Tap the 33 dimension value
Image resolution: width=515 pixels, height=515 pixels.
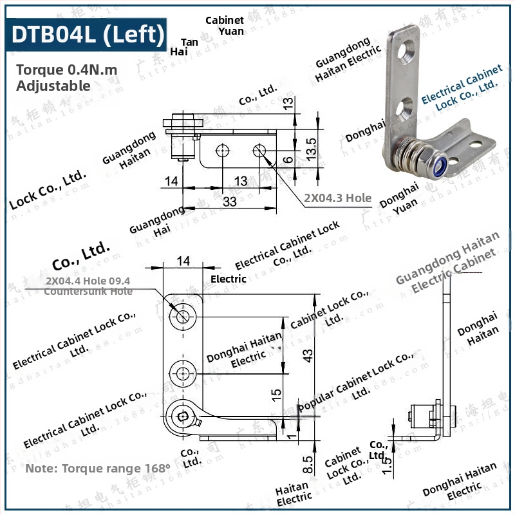pos(230,201)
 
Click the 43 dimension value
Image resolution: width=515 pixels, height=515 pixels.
pos(308,353)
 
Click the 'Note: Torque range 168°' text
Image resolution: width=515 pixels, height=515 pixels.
pos(98,468)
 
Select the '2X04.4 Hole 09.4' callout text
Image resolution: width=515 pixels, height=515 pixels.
pos(88,281)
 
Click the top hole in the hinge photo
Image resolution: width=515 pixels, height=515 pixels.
pos(407,50)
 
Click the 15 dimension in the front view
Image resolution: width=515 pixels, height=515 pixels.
pos(276,393)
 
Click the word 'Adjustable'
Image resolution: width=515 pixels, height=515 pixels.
pos(53,85)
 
